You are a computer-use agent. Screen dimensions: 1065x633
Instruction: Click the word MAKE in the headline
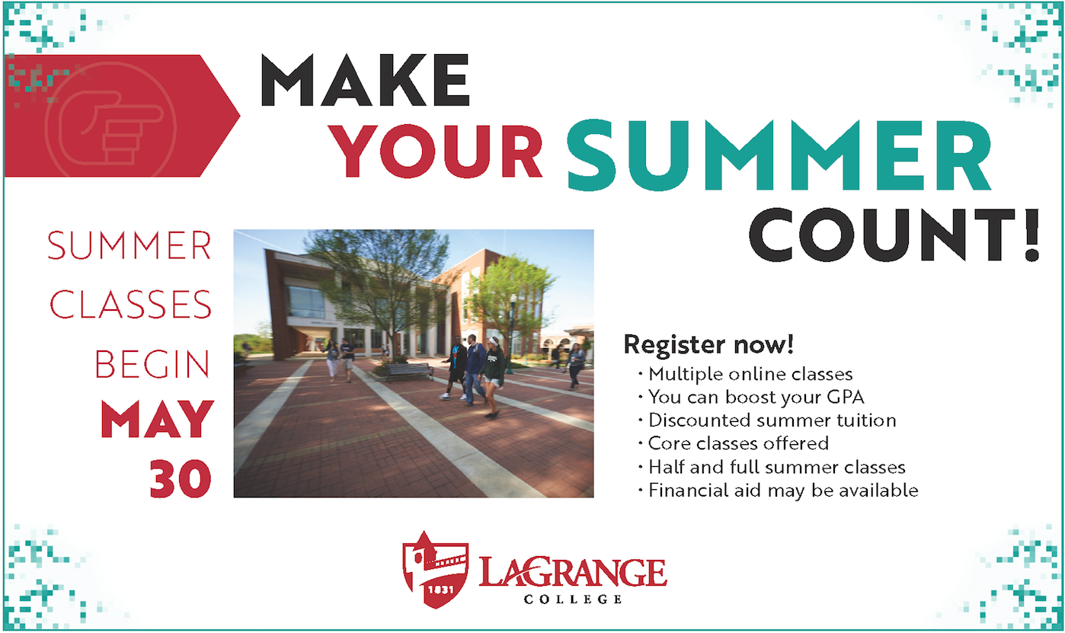pos(365,80)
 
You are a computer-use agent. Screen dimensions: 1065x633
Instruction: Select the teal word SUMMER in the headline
pos(779,155)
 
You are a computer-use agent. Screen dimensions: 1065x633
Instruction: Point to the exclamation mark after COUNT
pos(1031,235)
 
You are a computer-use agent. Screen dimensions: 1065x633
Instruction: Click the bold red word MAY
pos(158,419)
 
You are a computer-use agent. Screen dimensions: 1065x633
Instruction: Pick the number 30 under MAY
pos(181,478)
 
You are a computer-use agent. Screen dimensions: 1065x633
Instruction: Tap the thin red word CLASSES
pos(130,305)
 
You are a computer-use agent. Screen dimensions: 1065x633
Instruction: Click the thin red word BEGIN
pos(152,364)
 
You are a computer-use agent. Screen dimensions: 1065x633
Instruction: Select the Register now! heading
pos(708,345)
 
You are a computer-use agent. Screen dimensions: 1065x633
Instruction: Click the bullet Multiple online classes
pos(746,375)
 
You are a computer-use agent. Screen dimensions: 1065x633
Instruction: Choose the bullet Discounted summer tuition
pos(767,420)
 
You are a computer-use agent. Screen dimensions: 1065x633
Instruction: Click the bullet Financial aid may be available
pos(779,491)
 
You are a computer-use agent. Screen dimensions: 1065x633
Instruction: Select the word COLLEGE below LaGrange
pos(573,599)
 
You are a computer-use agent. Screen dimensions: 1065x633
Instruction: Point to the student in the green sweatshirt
pos(493,377)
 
